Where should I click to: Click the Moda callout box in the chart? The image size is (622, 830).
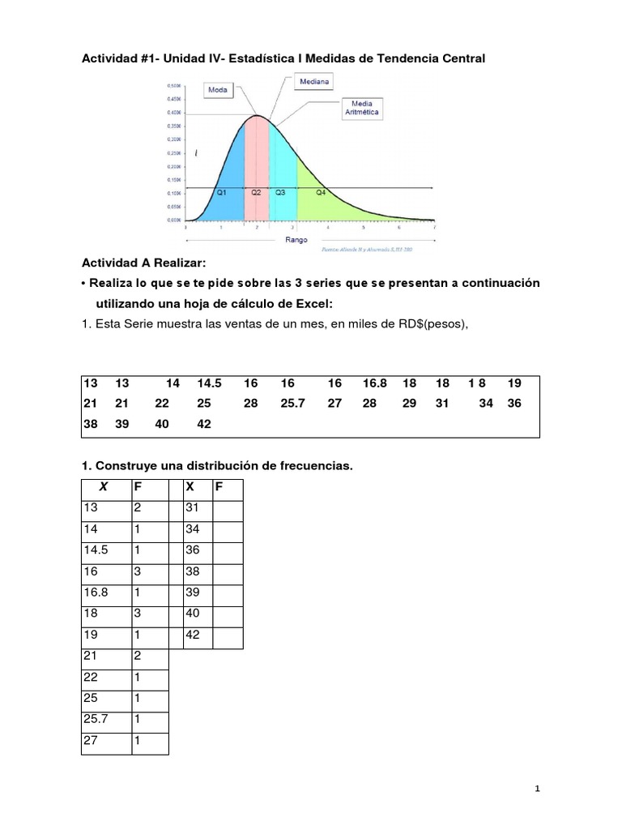pos(217,90)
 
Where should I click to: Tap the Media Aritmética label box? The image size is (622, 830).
pos(362,108)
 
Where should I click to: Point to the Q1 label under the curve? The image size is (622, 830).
pos(221,193)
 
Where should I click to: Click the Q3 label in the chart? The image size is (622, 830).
pos(279,193)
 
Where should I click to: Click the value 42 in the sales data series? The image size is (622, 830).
pos(202,423)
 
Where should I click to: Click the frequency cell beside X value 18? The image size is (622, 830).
pos(149,614)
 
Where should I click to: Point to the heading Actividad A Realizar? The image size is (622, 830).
pos(143,263)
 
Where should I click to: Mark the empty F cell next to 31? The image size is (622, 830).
pos(227,508)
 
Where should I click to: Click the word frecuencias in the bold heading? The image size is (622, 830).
pos(314,466)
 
